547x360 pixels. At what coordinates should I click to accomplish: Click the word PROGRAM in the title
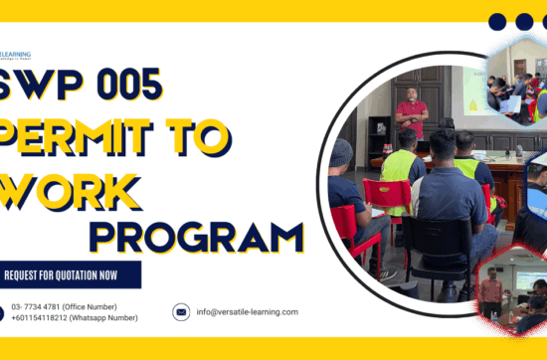[x=201, y=236]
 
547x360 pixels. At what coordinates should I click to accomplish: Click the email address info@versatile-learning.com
[x=247, y=311]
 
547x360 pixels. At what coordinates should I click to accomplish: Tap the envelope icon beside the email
[x=181, y=311]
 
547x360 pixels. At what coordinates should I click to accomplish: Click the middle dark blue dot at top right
[x=524, y=22]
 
